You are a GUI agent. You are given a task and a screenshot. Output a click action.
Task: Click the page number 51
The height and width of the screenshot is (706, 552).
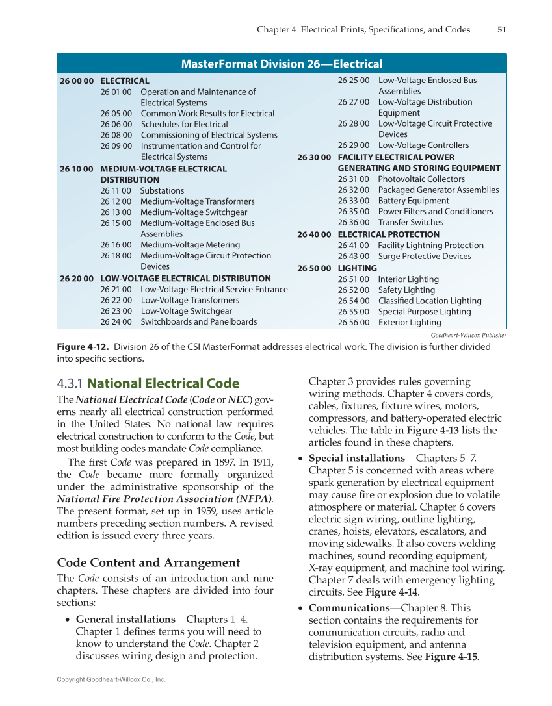tap(501, 29)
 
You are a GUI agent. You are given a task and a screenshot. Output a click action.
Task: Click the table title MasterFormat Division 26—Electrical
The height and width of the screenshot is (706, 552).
tap(282, 64)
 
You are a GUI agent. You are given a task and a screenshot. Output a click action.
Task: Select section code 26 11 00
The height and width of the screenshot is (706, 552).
tap(116, 190)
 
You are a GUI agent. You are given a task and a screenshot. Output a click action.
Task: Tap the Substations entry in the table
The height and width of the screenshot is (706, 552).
tap(162, 190)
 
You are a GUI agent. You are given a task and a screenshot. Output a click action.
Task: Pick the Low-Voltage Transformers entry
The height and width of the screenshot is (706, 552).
tap(190, 300)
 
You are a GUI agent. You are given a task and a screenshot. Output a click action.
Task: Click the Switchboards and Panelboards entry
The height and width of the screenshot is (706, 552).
tap(198, 321)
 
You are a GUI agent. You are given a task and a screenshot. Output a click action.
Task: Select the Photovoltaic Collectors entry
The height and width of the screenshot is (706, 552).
tap(421, 179)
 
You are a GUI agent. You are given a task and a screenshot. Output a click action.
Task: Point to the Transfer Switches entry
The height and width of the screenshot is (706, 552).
tap(410, 222)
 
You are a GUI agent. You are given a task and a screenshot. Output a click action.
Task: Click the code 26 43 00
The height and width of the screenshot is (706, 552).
tap(353, 256)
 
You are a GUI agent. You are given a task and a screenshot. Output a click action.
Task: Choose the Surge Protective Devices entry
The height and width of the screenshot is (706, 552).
tap(425, 256)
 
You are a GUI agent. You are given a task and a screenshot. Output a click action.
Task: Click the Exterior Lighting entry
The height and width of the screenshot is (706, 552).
tap(410, 322)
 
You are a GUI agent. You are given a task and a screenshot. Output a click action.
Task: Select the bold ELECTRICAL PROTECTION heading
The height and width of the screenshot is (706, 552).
tap(388, 234)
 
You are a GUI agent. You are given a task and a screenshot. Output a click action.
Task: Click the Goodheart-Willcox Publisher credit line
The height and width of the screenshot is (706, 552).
tap(468, 335)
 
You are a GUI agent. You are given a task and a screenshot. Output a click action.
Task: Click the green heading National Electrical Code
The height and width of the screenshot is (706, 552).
tap(163, 383)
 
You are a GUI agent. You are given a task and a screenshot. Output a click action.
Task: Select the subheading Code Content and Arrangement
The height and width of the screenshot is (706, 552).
tap(148, 562)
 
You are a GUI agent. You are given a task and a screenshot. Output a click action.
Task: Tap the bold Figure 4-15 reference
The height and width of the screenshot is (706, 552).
tap(451, 656)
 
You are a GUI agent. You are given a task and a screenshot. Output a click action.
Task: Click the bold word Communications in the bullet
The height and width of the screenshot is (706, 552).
tap(348, 608)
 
